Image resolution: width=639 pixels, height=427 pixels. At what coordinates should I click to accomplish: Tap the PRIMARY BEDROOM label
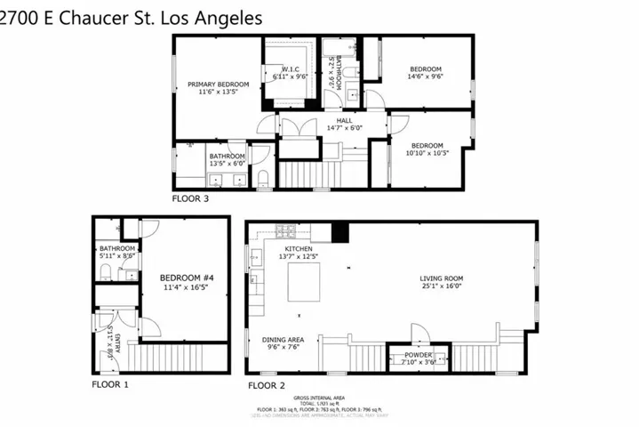(x=218, y=85)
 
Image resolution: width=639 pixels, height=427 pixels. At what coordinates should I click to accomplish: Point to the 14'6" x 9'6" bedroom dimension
(x=426, y=77)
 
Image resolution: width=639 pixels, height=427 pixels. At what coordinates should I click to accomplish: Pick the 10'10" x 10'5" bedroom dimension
(x=427, y=153)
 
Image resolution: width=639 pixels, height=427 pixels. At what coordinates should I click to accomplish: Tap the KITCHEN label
(x=300, y=248)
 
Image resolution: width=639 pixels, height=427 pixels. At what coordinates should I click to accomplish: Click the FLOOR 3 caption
(x=190, y=198)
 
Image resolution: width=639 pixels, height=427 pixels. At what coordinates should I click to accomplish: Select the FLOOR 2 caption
(x=267, y=385)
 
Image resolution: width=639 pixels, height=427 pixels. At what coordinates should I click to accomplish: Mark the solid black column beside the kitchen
(x=339, y=232)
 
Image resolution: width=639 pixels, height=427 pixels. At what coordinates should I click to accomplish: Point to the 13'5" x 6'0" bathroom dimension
(x=227, y=164)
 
